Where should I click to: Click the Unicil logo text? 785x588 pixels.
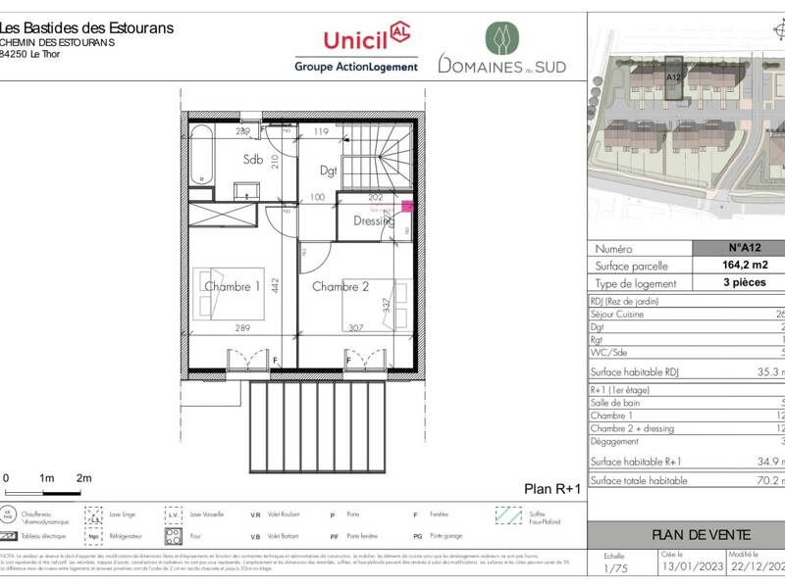(x=356, y=40)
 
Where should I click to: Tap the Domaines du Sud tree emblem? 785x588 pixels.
(x=501, y=38)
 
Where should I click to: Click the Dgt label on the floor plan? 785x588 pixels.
(x=329, y=170)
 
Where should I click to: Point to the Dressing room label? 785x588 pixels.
(x=373, y=220)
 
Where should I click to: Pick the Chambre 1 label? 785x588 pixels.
(x=232, y=286)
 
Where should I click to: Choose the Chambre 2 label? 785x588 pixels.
(x=340, y=286)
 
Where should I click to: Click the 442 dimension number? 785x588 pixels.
(x=276, y=285)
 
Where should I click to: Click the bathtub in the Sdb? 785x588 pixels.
(x=200, y=155)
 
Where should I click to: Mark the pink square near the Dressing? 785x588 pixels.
(x=408, y=207)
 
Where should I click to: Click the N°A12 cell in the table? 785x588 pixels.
(x=743, y=249)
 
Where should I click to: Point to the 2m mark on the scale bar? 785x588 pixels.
(x=83, y=477)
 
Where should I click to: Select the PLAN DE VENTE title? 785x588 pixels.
(x=702, y=534)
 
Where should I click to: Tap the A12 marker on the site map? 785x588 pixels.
(x=674, y=76)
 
